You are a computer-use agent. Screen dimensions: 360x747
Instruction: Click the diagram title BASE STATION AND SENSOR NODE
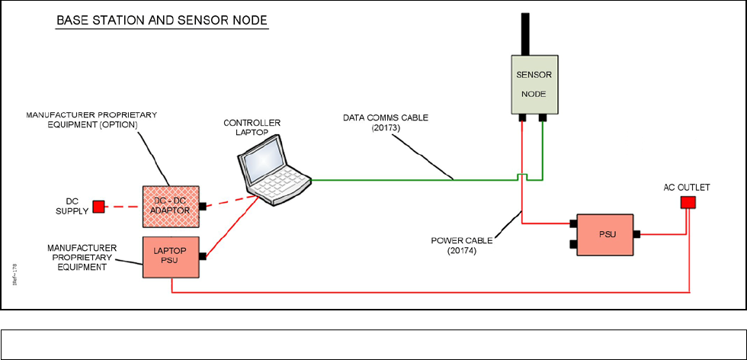[x=162, y=21]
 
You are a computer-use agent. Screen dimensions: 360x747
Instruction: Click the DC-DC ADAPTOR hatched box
[x=170, y=206]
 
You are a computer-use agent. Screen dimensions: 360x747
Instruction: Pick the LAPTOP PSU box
[x=170, y=256]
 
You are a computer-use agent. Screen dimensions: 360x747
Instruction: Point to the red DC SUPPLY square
[x=98, y=206]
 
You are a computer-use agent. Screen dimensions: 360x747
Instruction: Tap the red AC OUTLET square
[x=688, y=202]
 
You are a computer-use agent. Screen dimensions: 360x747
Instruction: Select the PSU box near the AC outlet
[x=603, y=234]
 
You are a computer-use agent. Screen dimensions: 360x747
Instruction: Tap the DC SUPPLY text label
[x=72, y=206]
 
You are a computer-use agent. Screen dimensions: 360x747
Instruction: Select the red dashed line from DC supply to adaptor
[x=123, y=206]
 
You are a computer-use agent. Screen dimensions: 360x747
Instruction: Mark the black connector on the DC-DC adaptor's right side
[x=202, y=206]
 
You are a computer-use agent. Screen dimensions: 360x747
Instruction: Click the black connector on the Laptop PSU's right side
[x=202, y=257]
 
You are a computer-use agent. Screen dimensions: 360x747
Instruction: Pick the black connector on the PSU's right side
[x=636, y=235]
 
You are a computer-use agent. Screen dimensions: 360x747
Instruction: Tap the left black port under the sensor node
[x=522, y=118]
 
